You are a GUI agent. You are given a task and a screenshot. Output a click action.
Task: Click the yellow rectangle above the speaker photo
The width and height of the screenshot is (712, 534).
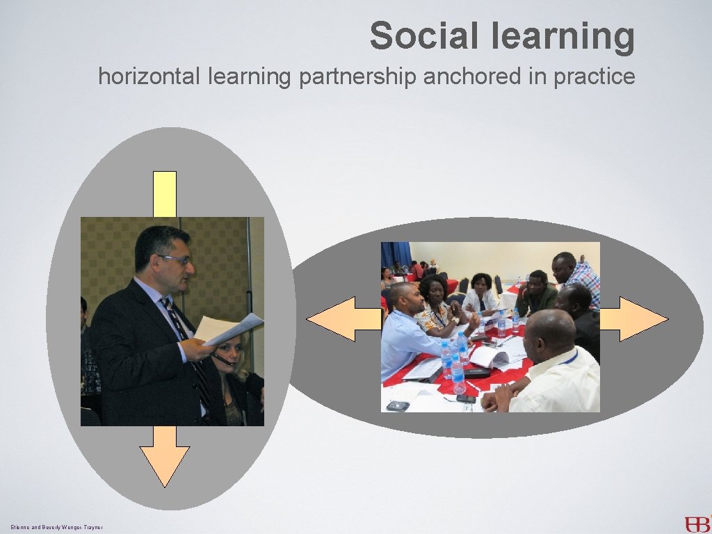(165, 194)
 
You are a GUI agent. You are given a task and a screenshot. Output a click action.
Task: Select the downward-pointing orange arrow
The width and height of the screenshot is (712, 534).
(165, 455)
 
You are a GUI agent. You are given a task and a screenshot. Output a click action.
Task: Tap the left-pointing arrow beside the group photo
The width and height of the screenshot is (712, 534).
(341, 319)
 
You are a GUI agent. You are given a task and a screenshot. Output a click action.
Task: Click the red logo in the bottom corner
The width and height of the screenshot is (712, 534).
(696, 523)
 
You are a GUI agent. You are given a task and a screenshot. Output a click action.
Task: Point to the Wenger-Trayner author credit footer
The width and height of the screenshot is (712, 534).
(57, 528)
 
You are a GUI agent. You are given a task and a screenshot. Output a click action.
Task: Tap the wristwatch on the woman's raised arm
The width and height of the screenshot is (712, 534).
(456, 321)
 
